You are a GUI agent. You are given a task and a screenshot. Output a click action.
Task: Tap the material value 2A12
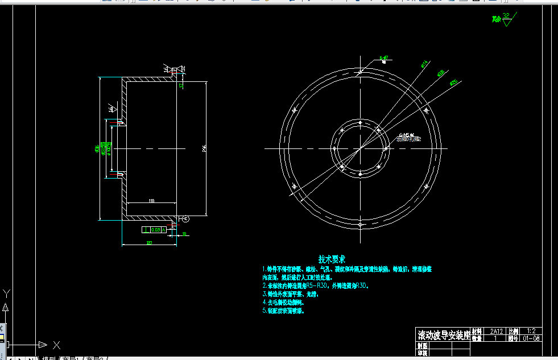(x=497, y=331)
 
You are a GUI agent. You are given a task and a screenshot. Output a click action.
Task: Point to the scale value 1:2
(x=531, y=331)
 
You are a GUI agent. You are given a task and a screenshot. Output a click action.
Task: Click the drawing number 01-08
(x=531, y=338)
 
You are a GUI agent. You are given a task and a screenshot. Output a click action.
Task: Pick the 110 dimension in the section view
(x=151, y=201)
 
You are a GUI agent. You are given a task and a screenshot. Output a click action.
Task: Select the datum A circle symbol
(x=185, y=219)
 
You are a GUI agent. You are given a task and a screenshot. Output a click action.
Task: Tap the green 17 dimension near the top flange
(x=181, y=86)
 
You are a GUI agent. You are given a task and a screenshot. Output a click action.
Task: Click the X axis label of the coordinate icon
(x=56, y=345)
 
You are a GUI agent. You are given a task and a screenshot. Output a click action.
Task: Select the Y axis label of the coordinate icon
(x=6, y=294)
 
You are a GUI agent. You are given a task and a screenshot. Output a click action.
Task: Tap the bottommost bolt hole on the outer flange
(x=361, y=224)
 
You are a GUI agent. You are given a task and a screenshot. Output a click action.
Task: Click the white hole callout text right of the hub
(x=408, y=136)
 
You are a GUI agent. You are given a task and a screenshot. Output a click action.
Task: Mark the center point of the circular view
(x=361, y=149)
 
